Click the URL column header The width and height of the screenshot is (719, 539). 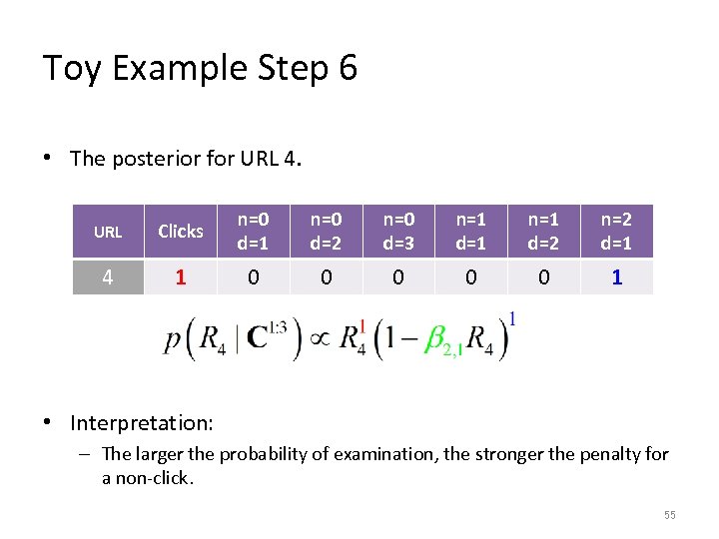[x=108, y=232]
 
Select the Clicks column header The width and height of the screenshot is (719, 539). [x=181, y=232]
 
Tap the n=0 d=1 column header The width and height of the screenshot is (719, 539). [x=254, y=232]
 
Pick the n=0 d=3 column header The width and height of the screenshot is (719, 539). [x=398, y=232]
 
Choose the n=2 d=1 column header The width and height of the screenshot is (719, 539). [x=616, y=232]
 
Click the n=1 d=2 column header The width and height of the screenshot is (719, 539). [x=543, y=232]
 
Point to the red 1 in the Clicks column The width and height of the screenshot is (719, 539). [x=181, y=277]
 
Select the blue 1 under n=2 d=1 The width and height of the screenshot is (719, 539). [x=616, y=277]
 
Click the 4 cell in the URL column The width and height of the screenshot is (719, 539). [x=108, y=277]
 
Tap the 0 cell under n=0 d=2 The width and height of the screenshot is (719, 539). [x=326, y=277]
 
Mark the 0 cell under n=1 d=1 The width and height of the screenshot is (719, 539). [x=471, y=277]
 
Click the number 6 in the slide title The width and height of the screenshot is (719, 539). [x=347, y=68]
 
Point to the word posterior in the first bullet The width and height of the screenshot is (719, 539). [x=158, y=158]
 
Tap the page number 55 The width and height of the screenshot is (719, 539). [x=669, y=515]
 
